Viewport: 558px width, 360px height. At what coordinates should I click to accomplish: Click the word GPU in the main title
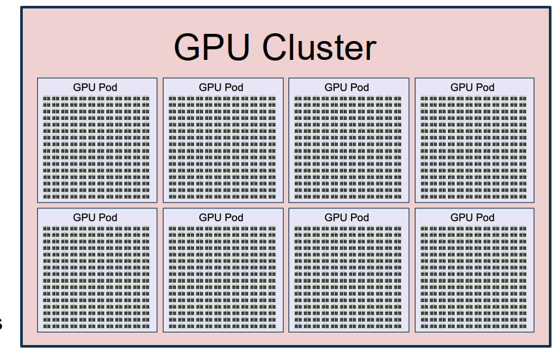(x=213, y=47)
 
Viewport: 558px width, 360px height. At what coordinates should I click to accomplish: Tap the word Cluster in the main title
(x=320, y=47)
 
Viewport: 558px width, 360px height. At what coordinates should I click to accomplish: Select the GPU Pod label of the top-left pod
(x=95, y=87)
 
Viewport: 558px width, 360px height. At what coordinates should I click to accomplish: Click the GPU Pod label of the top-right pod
(x=472, y=87)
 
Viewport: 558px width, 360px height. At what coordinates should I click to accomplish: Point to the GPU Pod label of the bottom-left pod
(x=95, y=217)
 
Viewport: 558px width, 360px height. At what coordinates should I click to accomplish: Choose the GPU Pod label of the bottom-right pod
(x=472, y=217)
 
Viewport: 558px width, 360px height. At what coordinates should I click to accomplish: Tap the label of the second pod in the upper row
(x=221, y=87)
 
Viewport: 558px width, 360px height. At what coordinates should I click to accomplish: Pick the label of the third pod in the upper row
(x=346, y=87)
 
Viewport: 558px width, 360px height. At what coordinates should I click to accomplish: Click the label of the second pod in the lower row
(x=221, y=217)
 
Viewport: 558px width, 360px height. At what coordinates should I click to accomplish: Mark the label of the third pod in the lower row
(x=346, y=217)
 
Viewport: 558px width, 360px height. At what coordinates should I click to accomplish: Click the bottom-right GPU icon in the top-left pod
(x=146, y=196)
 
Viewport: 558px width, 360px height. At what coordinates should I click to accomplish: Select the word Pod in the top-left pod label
(x=108, y=87)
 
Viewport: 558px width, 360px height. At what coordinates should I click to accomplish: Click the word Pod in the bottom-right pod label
(x=485, y=217)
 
